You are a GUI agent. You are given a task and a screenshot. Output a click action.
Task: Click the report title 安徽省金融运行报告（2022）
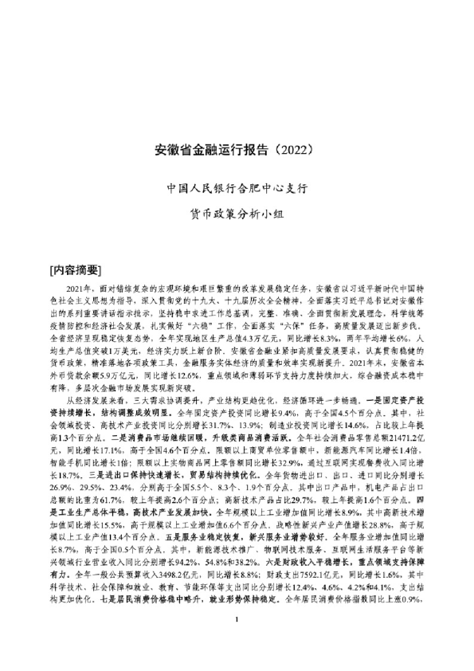(x=236, y=149)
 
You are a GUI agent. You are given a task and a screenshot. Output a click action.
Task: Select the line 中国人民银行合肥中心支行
(x=236, y=190)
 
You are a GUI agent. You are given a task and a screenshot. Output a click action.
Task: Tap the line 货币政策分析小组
(x=236, y=213)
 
